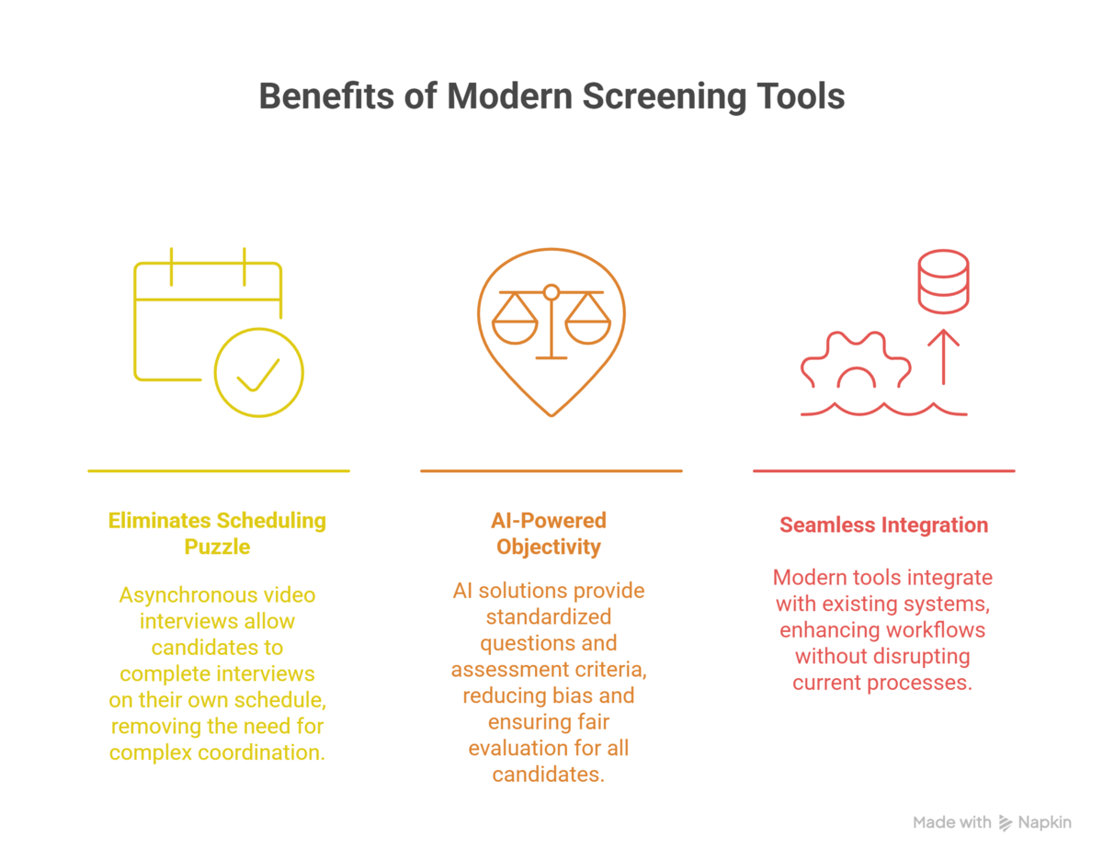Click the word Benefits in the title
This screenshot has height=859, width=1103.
[326, 96]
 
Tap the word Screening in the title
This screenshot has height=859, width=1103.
[665, 96]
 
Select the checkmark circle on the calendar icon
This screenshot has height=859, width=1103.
[259, 373]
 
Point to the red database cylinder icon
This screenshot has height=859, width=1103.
[943, 282]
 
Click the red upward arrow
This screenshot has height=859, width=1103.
[943, 356]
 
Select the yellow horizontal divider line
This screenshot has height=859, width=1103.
[219, 471]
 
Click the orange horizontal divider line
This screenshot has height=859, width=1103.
[551, 471]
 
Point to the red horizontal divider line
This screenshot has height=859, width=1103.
[883, 471]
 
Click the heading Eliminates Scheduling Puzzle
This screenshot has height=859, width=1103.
[217, 534]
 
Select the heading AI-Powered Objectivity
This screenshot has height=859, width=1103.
[549, 534]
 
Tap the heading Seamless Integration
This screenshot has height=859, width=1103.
[883, 526]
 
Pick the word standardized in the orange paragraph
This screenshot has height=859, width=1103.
[549, 617]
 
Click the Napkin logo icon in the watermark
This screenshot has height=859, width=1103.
[1005, 822]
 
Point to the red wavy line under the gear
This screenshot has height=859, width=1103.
[883, 410]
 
